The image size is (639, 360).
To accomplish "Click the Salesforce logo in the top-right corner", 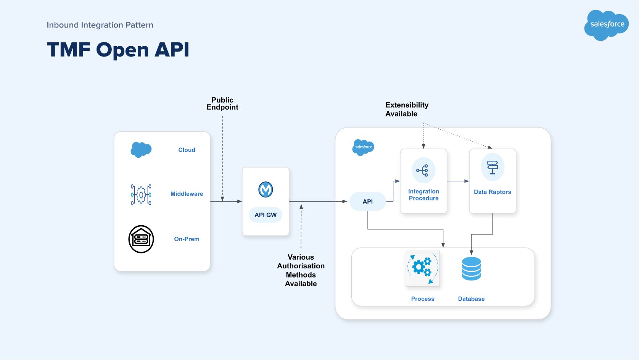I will (606, 25).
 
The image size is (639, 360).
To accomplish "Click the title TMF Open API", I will (118, 50).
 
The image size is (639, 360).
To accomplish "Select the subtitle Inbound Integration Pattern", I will (100, 25).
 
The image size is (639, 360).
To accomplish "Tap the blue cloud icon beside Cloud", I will (141, 150).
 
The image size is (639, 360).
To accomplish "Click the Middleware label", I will (187, 194).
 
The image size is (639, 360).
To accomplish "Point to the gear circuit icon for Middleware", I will (141, 195).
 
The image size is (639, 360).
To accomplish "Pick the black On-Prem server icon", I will (141, 239).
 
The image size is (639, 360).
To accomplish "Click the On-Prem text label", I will (187, 239).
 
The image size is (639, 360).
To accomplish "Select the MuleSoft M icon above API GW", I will (266, 189).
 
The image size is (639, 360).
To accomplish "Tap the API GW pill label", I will (266, 215).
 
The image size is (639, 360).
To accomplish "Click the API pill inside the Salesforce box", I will (368, 202).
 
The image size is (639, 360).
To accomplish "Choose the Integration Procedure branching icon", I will (423, 170).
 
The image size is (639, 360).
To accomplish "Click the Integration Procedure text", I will (423, 195).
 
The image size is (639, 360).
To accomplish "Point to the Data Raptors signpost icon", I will (493, 167).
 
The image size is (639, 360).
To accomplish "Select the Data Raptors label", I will (492, 192).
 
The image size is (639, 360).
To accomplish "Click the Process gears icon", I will (423, 268).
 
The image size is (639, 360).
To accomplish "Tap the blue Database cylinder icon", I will (471, 269).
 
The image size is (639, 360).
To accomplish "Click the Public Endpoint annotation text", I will (222, 104).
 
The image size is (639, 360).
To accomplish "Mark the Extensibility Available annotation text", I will (407, 110).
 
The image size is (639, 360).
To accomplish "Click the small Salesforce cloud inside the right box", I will (363, 147).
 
